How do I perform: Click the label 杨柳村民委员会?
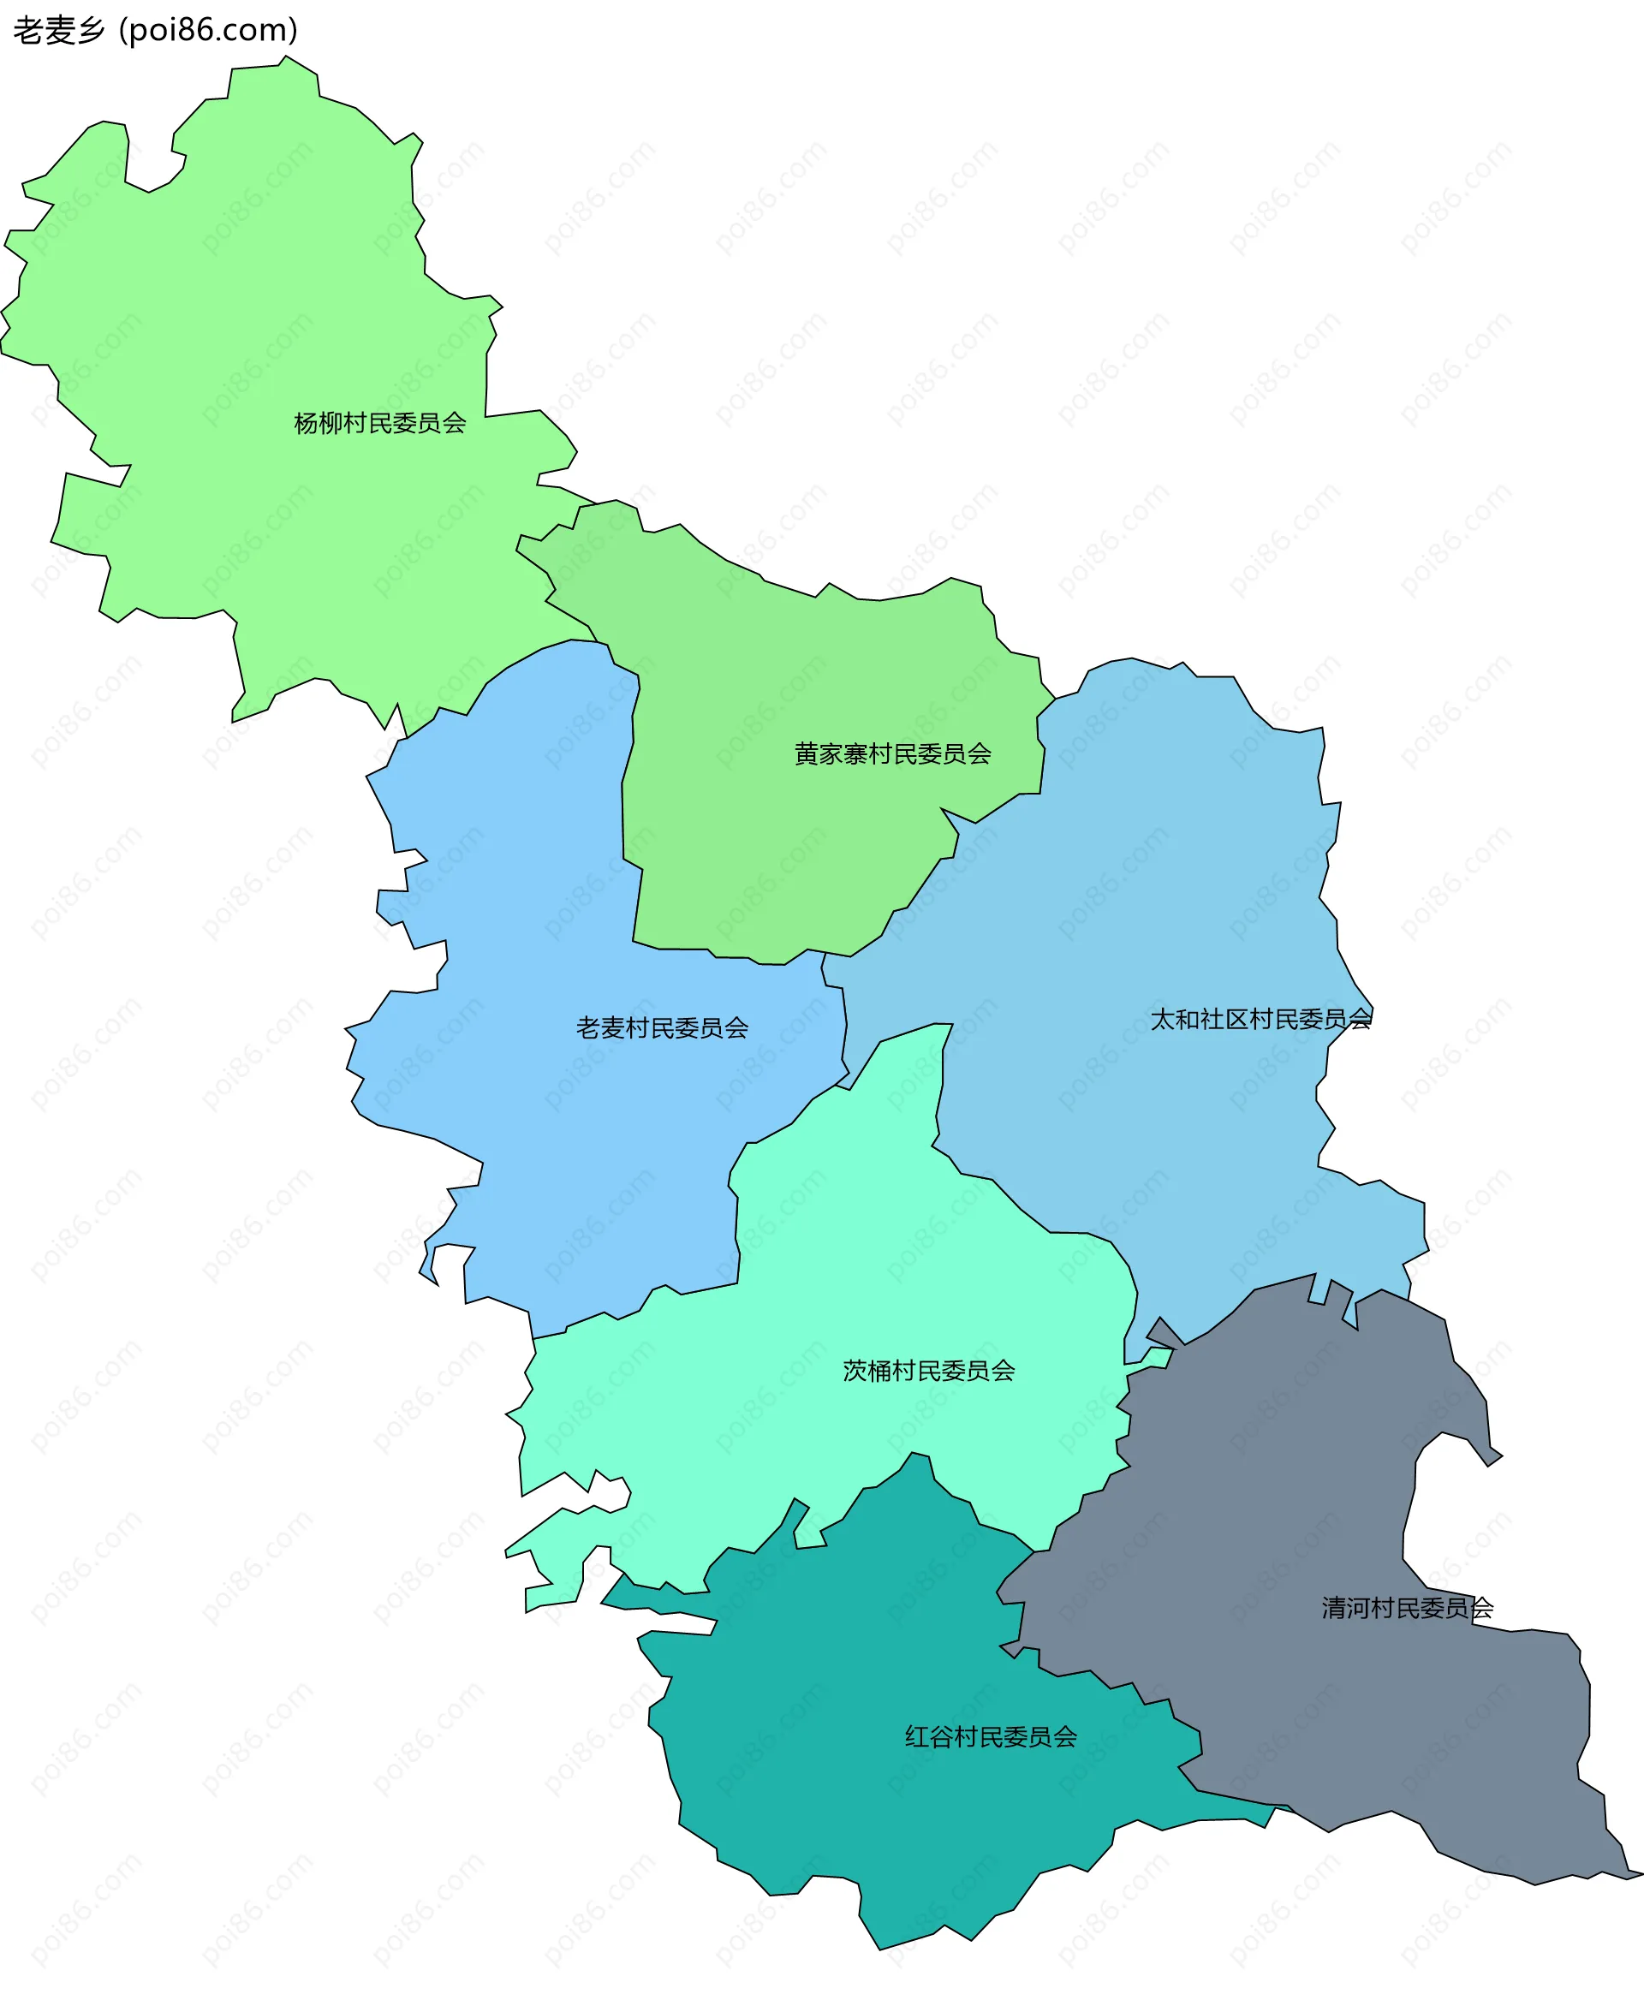380,423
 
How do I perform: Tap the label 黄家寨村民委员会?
892,753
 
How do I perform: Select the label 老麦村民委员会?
662,1028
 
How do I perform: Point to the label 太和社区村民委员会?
1260,1020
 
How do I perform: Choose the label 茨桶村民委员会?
928,1371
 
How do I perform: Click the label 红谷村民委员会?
991,1737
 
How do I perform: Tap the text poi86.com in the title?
208,30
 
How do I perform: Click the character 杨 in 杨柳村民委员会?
306,423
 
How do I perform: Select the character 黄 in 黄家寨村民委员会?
807,753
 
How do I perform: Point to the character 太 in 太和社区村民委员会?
1162,1020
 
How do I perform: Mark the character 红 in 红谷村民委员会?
917,1737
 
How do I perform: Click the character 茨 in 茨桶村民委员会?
855,1371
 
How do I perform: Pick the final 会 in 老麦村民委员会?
736,1028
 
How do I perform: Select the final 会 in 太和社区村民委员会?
1360,1020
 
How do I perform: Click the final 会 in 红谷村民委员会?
1065,1737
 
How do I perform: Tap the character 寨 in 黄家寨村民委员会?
855,753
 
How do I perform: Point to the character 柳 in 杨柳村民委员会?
331,423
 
